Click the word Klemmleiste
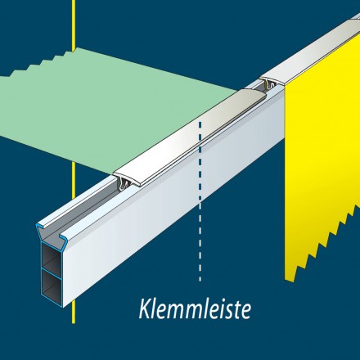195,309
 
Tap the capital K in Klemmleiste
146,309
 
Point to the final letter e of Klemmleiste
245,312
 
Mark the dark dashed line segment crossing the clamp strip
200,161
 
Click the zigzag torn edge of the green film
38,63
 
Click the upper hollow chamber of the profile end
52,256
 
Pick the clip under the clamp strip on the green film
125,182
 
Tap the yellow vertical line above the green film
74,25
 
